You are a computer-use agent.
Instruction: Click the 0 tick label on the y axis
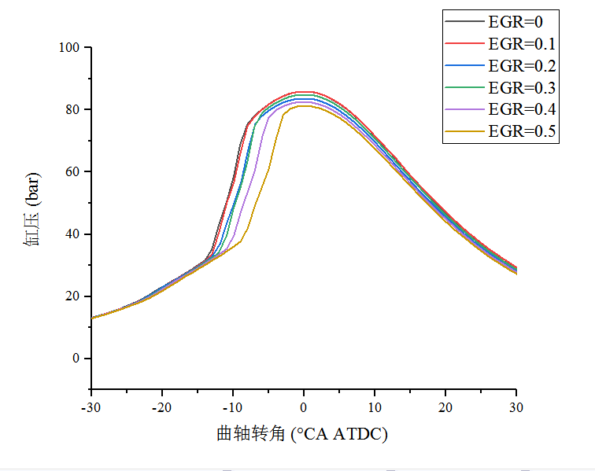point(76,359)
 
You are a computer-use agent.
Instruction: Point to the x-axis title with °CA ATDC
point(302,433)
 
